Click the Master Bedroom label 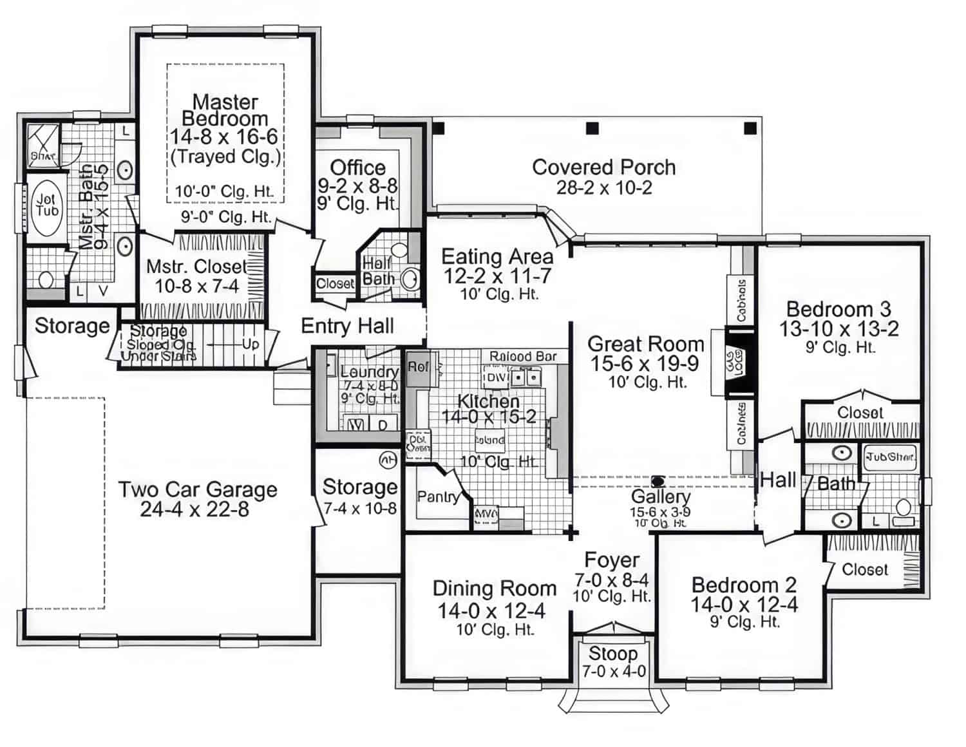[225, 110]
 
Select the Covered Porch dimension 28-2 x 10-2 [603, 188]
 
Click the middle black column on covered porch [592, 128]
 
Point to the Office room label [357, 168]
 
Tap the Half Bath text [378, 271]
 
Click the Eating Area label [497, 257]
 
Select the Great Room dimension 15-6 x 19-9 [645, 364]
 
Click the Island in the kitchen [490, 440]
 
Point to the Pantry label [438, 496]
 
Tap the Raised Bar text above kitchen [523, 356]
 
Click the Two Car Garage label [197, 489]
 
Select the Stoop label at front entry [612, 654]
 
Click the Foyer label [611, 560]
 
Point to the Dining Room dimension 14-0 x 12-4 [491, 610]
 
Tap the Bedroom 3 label [838, 308]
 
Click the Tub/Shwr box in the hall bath [889, 457]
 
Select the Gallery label [660, 496]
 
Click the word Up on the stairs [251, 345]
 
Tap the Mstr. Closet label [196, 267]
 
